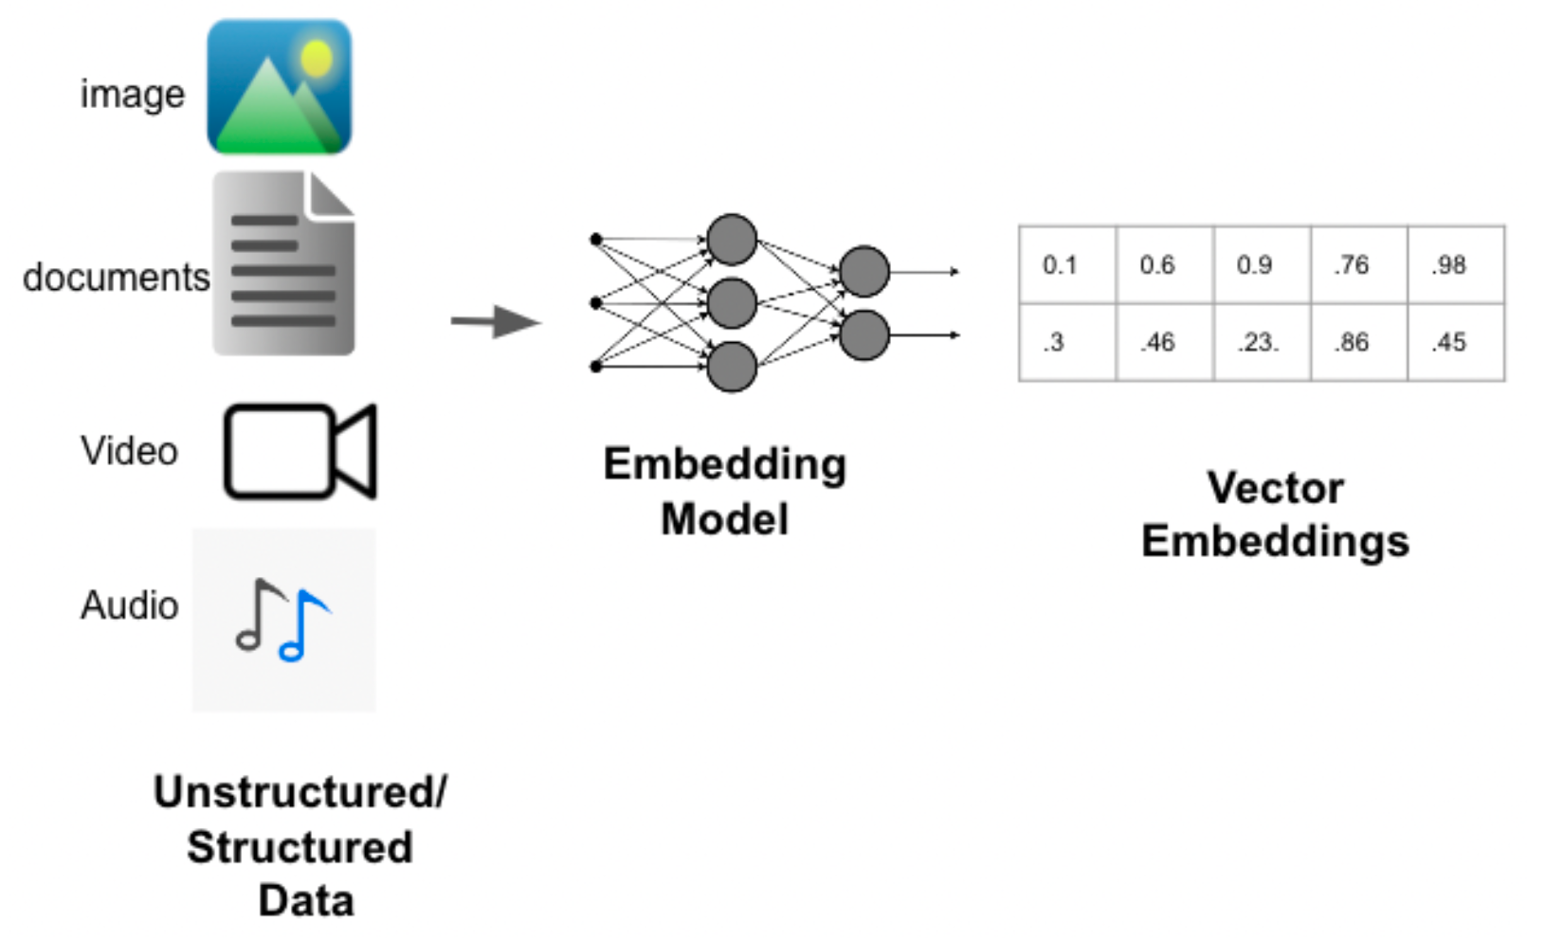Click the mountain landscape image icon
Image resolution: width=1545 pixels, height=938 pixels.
coord(279,87)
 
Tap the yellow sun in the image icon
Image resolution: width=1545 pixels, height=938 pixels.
coord(317,59)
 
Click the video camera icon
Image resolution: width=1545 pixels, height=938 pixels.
coord(300,451)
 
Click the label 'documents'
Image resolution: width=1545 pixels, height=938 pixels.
coord(116,278)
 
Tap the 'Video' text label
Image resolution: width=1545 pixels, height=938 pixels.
coord(129,451)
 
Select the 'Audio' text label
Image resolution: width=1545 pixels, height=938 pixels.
coord(129,605)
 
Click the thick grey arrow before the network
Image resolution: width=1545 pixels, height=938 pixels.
coord(495,322)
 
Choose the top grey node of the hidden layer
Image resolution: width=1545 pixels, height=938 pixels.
coord(732,240)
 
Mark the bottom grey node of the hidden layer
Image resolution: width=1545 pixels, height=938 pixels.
coord(732,367)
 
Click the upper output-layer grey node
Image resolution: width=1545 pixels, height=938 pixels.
coord(864,271)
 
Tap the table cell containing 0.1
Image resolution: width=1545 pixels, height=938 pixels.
coord(1060,265)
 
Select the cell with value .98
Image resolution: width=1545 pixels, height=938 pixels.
coord(1449,265)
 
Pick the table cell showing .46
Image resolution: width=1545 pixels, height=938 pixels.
coord(1157,342)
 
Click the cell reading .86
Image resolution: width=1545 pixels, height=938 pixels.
coord(1351,342)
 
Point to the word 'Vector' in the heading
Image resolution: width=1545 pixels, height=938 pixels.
coord(1275,489)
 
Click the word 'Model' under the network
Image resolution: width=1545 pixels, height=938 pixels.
coord(724,519)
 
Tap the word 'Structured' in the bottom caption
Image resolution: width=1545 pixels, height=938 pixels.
coord(300,847)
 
